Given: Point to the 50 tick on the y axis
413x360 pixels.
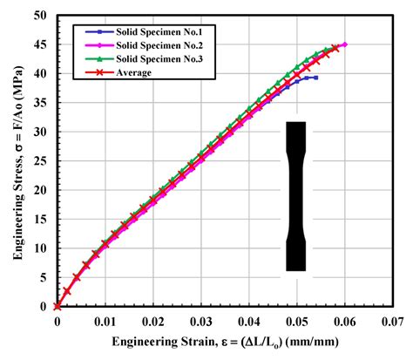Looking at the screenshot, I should coord(42,17).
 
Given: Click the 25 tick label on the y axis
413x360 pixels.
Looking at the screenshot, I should coord(42,161).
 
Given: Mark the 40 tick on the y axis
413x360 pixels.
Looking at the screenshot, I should coord(42,74).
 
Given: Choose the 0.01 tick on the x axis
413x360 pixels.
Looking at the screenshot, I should coord(105,321).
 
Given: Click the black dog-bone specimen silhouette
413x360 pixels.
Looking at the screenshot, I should coord(296,196).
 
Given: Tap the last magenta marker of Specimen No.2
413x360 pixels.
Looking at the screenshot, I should coord(344,44).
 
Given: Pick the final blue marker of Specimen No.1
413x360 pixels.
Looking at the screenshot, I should coord(315,78).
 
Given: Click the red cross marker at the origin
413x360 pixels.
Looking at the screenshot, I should coord(57,306).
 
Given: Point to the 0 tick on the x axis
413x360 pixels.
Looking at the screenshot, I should coord(57,321).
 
